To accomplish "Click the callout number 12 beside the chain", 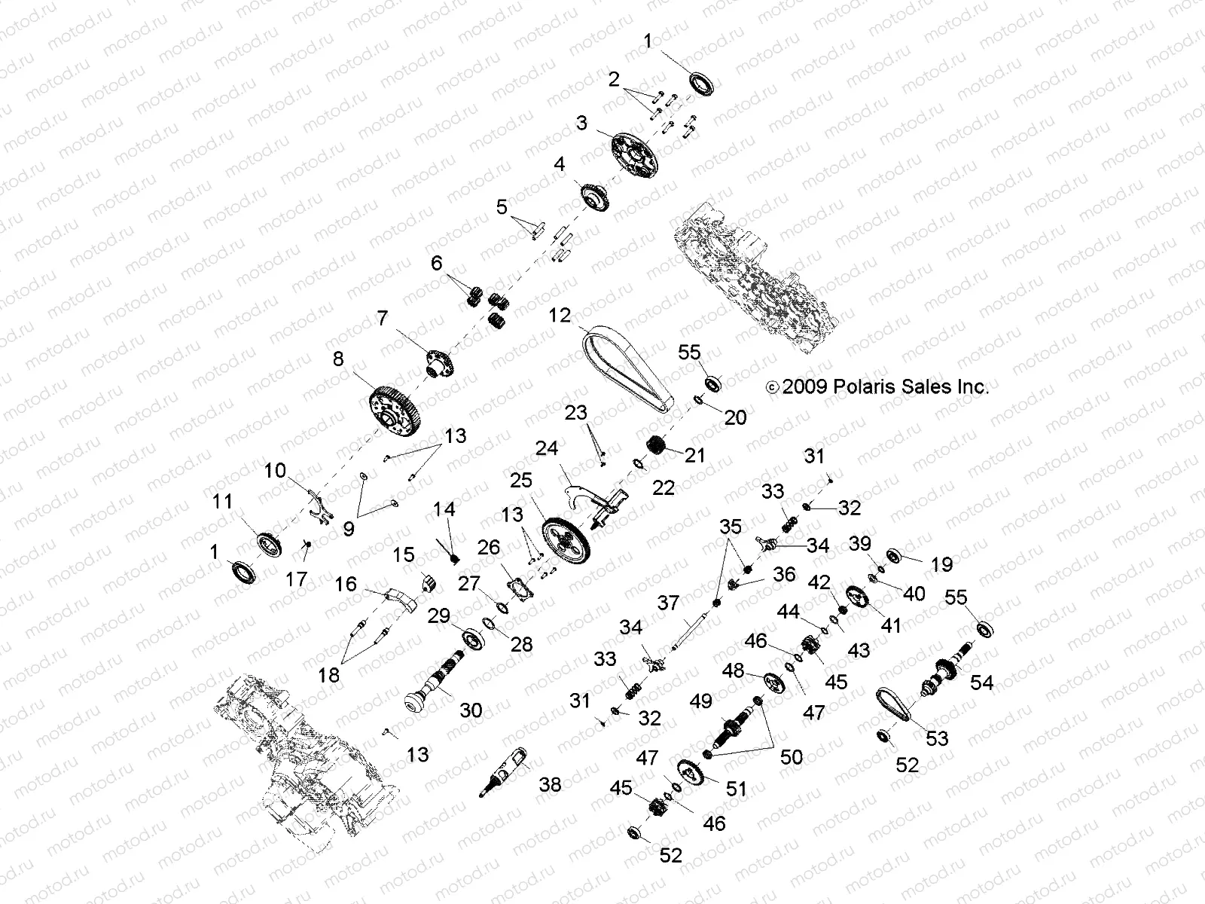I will pyautogui.click(x=560, y=316).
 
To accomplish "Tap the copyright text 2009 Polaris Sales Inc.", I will pyautogui.click(x=877, y=387).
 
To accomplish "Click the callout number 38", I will pyautogui.click(x=551, y=785).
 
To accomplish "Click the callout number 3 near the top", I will pyautogui.click(x=582, y=122).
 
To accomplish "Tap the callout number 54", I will pyautogui.click(x=981, y=683).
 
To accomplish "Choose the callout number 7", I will pyautogui.click(x=383, y=319).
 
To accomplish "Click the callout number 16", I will pyautogui.click(x=346, y=584).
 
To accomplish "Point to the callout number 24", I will pyautogui.click(x=546, y=449).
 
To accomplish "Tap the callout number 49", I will pyautogui.click(x=700, y=701).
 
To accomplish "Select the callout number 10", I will pyautogui.click(x=275, y=471).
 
